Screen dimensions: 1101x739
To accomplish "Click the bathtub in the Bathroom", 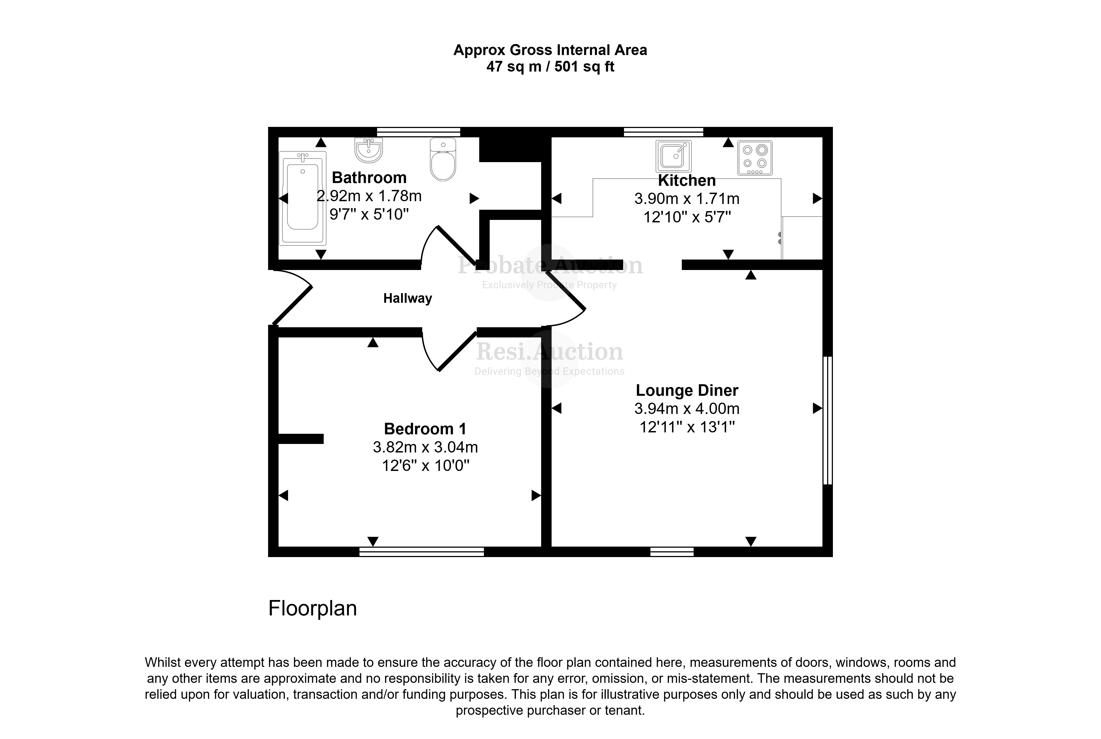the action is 302,198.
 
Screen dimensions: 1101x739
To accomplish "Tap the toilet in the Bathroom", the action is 443,159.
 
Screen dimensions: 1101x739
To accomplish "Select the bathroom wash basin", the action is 369,150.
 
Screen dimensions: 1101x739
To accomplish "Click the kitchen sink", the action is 674,156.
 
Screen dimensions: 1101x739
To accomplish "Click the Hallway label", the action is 408,298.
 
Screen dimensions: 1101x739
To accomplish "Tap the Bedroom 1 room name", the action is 425,429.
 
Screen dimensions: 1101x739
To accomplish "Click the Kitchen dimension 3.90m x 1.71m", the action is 687,199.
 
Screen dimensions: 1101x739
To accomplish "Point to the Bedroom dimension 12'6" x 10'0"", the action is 426,466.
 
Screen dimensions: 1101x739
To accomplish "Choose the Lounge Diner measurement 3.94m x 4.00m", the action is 687,409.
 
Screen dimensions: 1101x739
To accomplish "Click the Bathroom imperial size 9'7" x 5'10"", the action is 369,214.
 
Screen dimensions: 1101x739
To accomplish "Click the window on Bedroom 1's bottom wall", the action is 422,551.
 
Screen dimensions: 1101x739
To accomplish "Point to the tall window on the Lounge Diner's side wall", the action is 828,420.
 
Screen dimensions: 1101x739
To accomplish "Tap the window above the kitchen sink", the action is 664,132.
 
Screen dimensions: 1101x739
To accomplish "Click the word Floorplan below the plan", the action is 312,609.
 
